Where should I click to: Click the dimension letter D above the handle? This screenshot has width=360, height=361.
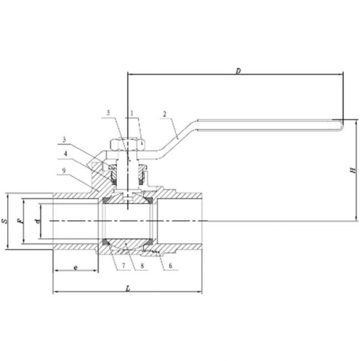[x=238, y=71]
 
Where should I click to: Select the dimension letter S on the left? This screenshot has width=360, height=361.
[x=4, y=220]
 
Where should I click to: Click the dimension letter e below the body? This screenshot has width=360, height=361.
[x=75, y=267]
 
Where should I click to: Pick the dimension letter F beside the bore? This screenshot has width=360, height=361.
[x=21, y=221]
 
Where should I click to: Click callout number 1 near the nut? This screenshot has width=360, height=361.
[x=132, y=113]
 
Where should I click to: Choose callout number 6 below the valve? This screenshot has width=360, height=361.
[x=170, y=266]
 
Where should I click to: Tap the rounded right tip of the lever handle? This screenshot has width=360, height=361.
[x=341, y=125]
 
